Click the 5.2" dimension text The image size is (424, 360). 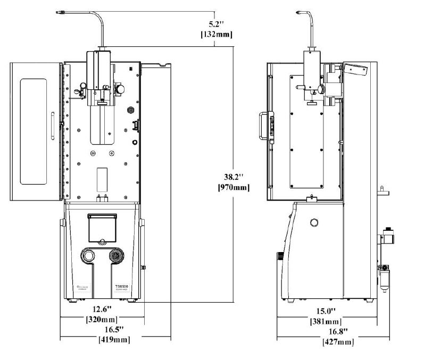(x=218, y=24)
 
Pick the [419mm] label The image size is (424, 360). (x=114, y=340)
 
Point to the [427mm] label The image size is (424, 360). (x=338, y=342)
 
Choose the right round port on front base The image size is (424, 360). (x=114, y=256)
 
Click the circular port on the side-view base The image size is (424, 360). (x=314, y=222)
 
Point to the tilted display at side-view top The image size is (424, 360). (x=355, y=69)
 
